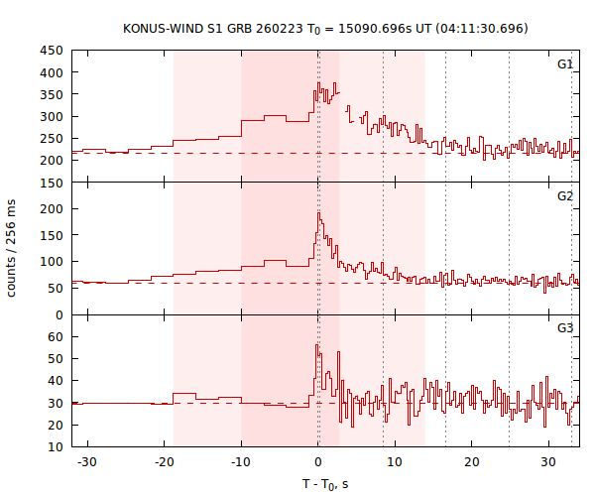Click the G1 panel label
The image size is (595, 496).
pos(565,64)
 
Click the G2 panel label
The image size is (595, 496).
pos(565,195)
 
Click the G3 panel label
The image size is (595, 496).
pos(565,326)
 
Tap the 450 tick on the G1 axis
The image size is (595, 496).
pos(53,51)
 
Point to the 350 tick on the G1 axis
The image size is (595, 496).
pos(53,94)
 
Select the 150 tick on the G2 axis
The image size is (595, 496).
pos(53,183)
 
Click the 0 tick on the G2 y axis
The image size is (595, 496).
pos(59,314)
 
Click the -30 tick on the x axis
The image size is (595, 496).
pos(86,462)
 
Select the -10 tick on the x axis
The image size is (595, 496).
pos(240,462)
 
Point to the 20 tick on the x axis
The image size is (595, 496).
pos(472,462)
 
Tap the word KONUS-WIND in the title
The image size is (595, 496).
pos(163,28)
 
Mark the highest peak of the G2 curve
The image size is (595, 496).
pos(318,212)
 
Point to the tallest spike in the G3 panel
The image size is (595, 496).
pos(317,345)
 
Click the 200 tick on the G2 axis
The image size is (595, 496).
pos(53,209)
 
